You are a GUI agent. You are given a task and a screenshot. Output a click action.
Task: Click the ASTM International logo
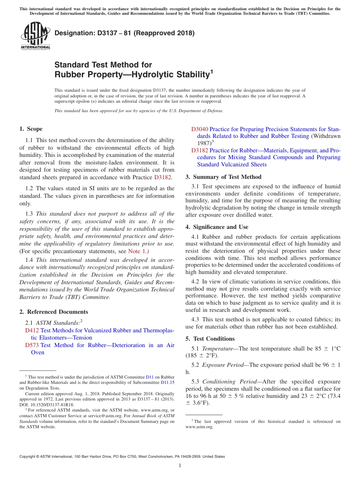coord(35,36)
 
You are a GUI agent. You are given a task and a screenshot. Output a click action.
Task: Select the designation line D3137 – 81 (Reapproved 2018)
coord(124,33)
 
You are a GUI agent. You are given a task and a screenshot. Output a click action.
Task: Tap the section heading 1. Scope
coord(31,129)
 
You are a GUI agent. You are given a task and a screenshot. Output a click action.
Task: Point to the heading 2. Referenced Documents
coord(54,312)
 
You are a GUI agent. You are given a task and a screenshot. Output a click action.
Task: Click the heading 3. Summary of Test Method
coord(223,177)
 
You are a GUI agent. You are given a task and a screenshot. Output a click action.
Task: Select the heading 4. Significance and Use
coord(217,227)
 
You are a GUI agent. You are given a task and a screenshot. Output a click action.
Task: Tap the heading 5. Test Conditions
coord(210,339)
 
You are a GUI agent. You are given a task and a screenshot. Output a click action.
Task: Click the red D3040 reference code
coord(199,129)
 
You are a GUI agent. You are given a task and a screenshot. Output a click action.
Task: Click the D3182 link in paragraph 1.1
coord(162,177)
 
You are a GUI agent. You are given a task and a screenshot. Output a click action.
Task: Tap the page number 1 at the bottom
coord(180,465)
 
